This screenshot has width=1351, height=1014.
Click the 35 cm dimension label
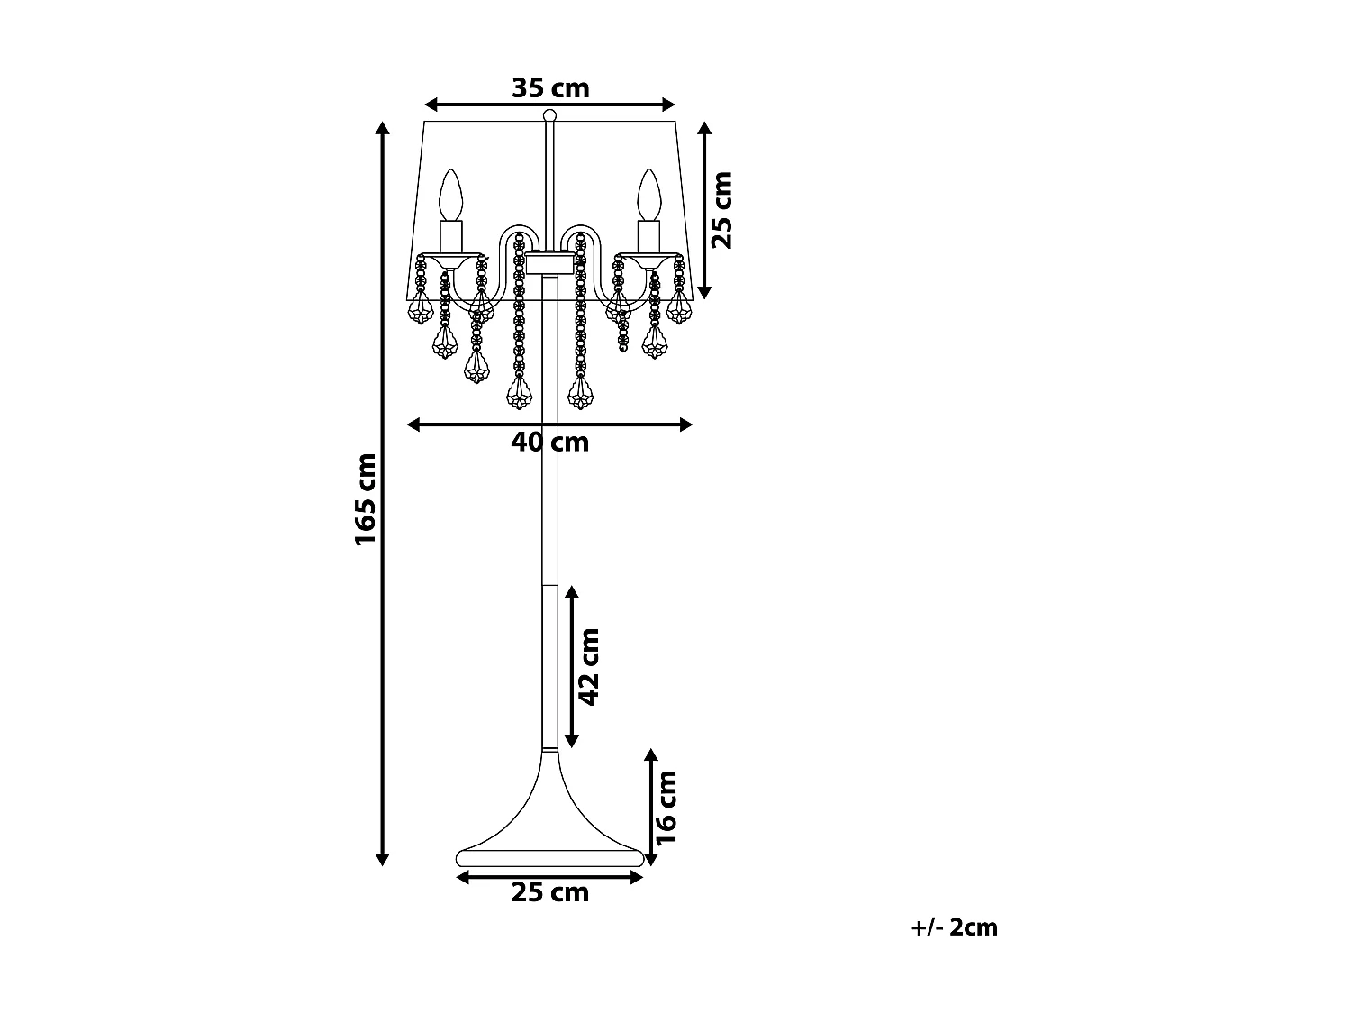pyautogui.click(x=550, y=88)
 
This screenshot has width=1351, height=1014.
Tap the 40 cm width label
pyautogui.click(x=549, y=442)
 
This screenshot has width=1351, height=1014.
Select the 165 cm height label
pyautogui.click(x=366, y=499)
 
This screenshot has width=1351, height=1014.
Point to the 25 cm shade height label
pyautogui.click(x=722, y=211)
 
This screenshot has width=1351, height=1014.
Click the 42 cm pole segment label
pyautogui.click(x=589, y=667)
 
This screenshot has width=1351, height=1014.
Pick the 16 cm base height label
pyautogui.click(x=666, y=808)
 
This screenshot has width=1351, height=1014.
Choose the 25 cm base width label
pyautogui.click(x=549, y=892)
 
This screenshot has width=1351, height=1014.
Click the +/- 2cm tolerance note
pyautogui.click(x=954, y=927)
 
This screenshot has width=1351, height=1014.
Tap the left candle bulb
pyautogui.click(x=450, y=195)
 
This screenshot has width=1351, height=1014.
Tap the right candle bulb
pyautogui.click(x=648, y=195)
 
